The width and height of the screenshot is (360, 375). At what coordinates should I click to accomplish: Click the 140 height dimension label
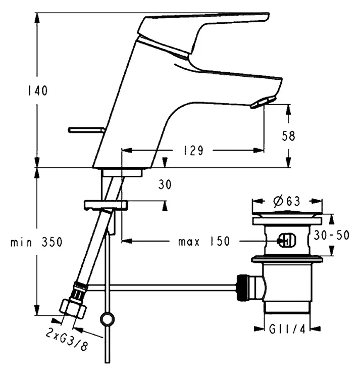click(x=38, y=90)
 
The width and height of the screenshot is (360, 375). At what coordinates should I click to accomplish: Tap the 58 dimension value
click(x=288, y=136)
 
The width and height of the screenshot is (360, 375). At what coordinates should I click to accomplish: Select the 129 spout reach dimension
click(x=193, y=151)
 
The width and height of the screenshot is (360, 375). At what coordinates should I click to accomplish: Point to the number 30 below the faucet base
click(x=165, y=184)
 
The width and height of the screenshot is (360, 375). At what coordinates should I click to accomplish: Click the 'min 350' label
click(x=36, y=242)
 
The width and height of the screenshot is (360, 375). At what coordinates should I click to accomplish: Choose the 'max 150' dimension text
click(x=204, y=241)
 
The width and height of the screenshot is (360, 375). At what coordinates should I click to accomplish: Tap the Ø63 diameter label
click(x=287, y=201)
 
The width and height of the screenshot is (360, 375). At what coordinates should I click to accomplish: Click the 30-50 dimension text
click(x=332, y=235)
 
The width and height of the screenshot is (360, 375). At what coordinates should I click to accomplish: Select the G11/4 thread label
click(x=287, y=330)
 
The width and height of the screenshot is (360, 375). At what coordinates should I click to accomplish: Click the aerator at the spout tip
click(x=262, y=102)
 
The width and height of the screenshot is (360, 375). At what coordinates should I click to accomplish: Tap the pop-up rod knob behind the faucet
click(x=86, y=130)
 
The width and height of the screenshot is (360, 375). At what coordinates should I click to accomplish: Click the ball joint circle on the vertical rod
click(x=107, y=319)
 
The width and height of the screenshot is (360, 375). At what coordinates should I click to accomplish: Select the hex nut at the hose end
click(x=72, y=309)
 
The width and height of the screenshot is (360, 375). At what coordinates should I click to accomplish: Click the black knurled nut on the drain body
click(x=243, y=288)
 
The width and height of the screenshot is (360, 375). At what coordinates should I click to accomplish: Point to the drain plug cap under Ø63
click(x=287, y=214)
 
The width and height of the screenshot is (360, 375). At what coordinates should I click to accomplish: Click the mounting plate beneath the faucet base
click(x=106, y=205)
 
